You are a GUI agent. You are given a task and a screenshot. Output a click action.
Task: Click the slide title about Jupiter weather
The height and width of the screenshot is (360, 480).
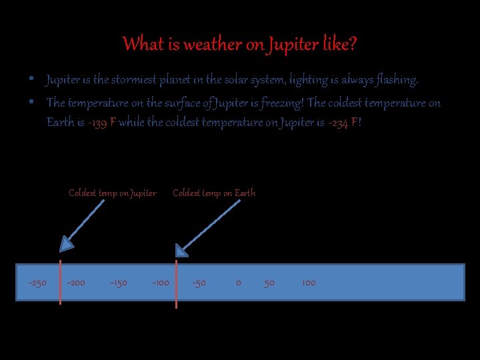pos(240,45)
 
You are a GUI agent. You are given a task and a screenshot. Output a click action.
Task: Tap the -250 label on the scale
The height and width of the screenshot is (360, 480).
pos(37,283)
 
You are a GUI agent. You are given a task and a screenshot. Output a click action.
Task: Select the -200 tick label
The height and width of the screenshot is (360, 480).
pos(76,283)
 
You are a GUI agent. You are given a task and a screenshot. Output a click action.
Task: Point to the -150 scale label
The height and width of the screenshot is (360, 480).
pos(119,283)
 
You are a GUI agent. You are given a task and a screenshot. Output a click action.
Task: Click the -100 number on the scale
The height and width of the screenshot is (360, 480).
pos(160,283)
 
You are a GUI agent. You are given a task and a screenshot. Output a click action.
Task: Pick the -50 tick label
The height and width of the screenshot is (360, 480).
pos(199,283)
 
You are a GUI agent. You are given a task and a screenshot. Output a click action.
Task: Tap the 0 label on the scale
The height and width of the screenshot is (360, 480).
pos(239,283)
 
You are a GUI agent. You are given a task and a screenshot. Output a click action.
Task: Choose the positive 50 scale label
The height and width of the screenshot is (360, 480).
pos(269,283)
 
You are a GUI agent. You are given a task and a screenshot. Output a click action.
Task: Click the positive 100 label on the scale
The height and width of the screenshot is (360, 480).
pos(309,283)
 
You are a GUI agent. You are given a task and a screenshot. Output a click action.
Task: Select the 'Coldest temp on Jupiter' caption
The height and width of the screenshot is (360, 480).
pos(113,193)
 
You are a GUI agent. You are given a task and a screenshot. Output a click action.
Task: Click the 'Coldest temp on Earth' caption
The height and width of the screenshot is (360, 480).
pos(214,193)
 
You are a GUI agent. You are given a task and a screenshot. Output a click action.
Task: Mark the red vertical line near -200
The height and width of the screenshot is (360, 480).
pos(61,283)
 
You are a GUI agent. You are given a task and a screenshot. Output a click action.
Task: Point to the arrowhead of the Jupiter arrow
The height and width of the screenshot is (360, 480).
pos(65,245)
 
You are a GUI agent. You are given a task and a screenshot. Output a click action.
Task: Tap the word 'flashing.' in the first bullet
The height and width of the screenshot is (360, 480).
pos(397,81)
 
